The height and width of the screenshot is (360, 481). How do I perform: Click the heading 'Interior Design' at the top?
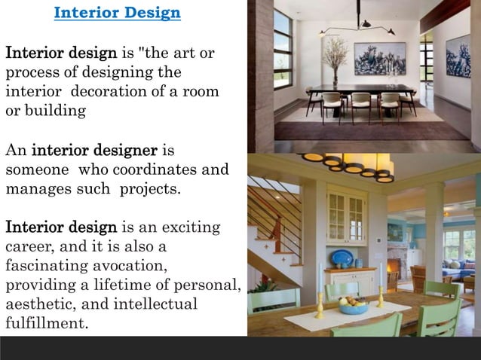118,13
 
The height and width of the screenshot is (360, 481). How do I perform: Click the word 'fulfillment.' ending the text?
47,325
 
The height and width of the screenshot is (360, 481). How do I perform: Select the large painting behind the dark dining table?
378,59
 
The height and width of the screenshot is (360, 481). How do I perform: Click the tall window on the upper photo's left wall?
283,49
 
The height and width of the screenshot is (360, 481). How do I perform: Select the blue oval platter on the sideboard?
342,258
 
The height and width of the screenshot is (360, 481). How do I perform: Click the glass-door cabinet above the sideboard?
347,217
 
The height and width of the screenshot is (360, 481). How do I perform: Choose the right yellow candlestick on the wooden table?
381,297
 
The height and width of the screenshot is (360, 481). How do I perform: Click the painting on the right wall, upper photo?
458,56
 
